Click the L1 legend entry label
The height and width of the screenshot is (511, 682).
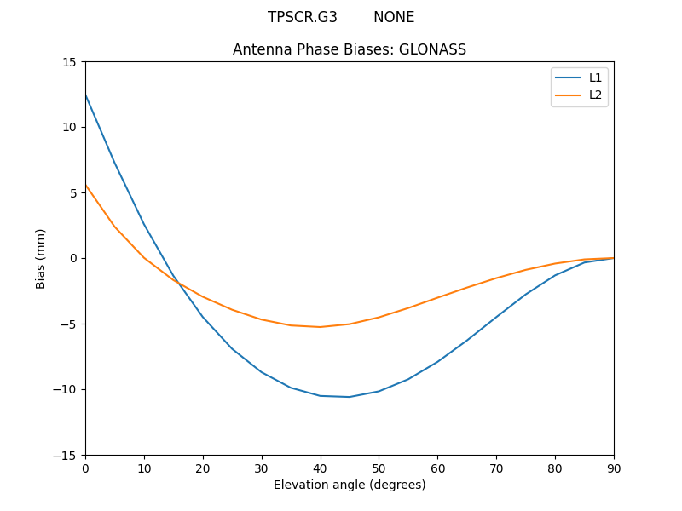coord(595,78)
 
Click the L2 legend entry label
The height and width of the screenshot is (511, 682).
coord(595,95)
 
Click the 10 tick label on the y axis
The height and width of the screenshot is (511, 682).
coord(68,128)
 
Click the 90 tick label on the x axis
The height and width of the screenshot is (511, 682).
coord(614,468)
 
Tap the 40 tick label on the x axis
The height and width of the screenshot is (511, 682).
coord(321,468)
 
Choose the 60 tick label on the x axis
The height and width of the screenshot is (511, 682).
coord(437,468)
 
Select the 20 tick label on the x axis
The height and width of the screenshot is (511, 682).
coord(203,468)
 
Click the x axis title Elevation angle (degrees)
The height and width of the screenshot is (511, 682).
coord(350,485)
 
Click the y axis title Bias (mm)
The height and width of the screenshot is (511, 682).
coord(41,258)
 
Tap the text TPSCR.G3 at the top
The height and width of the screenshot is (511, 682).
coord(303,17)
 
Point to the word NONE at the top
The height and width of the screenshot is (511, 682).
coord(394,17)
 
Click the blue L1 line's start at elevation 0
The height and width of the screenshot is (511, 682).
coord(85,95)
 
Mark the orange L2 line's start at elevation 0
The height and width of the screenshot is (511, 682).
coord(85,185)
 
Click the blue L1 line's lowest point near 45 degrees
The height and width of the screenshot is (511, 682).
coord(350,397)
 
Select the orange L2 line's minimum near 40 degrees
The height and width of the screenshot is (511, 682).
coord(321,327)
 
